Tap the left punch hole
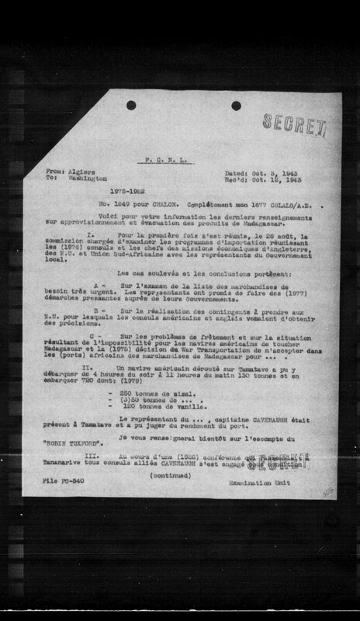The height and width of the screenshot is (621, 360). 131,105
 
